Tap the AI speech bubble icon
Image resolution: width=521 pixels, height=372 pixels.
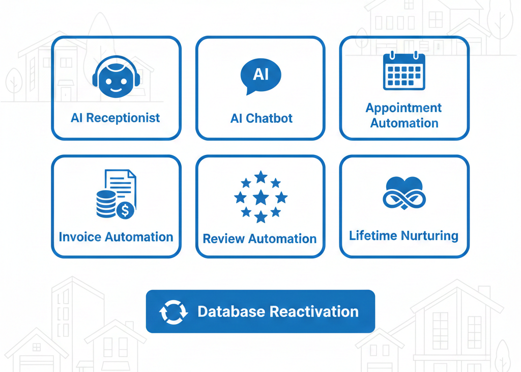[x=260, y=76]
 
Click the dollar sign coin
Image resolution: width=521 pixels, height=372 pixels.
[x=125, y=209]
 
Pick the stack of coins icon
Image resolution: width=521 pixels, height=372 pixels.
[x=106, y=203]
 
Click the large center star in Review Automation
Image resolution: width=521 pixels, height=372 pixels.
[x=260, y=197]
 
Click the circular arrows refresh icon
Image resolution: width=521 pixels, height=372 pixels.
[x=173, y=312]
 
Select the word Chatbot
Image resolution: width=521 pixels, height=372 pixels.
[x=269, y=119]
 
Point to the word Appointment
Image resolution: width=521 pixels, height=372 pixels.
[x=404, y=108]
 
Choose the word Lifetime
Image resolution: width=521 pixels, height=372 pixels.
[x=373, y=236]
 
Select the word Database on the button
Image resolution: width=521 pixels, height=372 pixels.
[x=232, y=312]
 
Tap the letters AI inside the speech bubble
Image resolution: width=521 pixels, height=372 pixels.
[x=260, y=74]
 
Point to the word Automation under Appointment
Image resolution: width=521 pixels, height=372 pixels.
[x=404, y=123]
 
